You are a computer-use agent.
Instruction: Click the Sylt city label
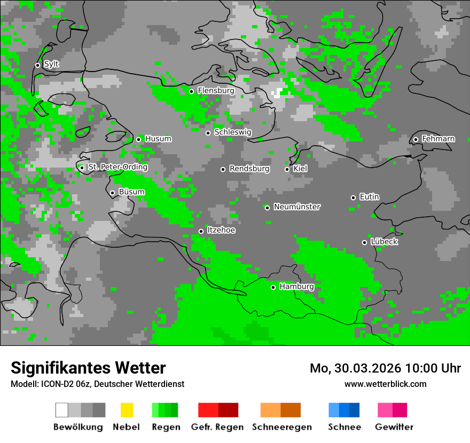(51, 64)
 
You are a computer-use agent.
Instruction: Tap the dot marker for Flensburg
(191, 91)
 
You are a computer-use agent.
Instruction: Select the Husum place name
(158, 139)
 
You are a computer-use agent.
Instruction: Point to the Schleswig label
(232, 132)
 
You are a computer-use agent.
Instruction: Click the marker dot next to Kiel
(287, 169)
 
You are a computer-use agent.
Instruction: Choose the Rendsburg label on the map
(249, 169)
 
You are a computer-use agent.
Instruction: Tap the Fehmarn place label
(438, 139)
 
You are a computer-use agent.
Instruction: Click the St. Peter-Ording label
(117, 167)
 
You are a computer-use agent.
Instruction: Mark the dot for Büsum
(112, 193)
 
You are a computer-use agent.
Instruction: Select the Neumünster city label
(296, 207)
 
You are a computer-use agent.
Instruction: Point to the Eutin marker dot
(353, 197)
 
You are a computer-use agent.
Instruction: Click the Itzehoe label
(221, 230)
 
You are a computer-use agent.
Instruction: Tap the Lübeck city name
(383, 241)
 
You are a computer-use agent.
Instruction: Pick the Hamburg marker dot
(273, 287)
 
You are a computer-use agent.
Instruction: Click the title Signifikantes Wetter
(88, 368)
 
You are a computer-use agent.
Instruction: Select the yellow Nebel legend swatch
(127, 410)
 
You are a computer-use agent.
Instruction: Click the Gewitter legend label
(394, 427)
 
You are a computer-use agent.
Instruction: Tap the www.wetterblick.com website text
(385, 384)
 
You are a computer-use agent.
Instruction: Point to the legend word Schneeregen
(281, 427)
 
